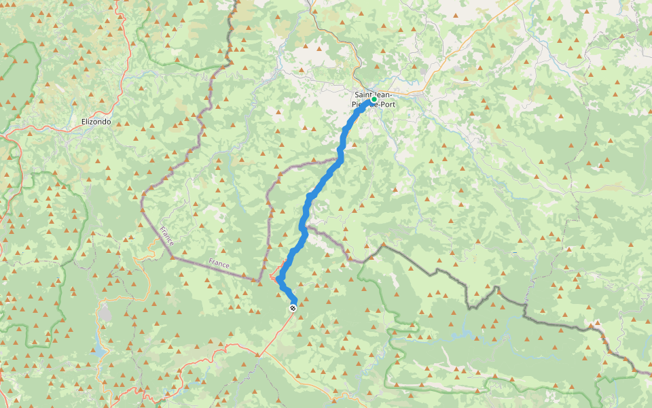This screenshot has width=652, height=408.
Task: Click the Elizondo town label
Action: [x=96, y=122]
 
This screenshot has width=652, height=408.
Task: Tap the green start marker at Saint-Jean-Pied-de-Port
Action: [x=374, y=99]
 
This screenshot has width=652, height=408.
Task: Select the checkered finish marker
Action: [x=293, y=308]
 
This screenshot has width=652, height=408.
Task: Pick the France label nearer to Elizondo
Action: [x=167, y=236]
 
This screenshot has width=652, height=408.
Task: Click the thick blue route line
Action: [x=319, y=185]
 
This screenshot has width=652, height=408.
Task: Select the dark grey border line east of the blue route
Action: [x=435, y=272]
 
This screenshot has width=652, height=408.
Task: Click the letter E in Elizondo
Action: [x=83, y=122]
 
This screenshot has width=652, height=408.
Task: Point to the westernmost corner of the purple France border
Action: [x=143, y=197]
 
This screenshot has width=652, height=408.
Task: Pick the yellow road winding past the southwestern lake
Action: [x=126, y=299]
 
